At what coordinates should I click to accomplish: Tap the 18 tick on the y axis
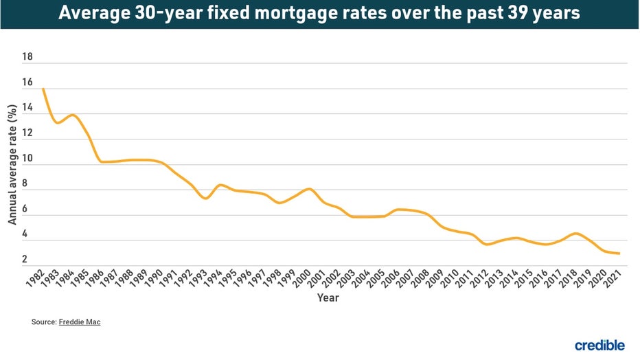[27, 58]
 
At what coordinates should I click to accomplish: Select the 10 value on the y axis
[27, 159]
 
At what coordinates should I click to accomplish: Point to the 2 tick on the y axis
[25, 260]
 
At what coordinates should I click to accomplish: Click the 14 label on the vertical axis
[27, 108]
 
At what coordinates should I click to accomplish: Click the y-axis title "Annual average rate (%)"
[12, 165]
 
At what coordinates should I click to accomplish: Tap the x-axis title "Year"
[328, 298]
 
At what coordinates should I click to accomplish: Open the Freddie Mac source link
[80, 322]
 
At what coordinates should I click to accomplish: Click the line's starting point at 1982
[43, 89]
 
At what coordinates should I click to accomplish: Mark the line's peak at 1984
[72, 115]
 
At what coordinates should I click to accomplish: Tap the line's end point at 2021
[620, 254]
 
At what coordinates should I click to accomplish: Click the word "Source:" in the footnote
[43, 322]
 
